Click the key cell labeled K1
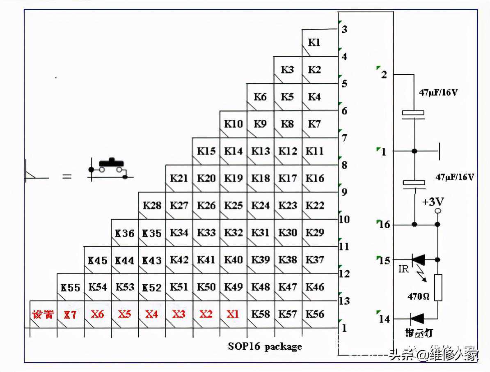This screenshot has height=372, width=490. coord(314,43)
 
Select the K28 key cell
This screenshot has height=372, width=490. coord(152,205)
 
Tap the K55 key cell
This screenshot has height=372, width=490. coord(70,287)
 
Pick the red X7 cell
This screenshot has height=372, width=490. coord(70,315)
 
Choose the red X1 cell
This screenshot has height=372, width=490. coord(233,314)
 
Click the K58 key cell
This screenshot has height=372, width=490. coord(260,314)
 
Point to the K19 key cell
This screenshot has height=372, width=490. coord(233,178)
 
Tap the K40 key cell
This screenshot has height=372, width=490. coord(233,259)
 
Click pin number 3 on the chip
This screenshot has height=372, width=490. coord(345,30)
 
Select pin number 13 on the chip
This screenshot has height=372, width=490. coord(344,301)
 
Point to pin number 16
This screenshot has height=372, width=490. coord(385,225)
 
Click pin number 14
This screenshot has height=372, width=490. coord(385,319)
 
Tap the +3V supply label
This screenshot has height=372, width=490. coord(433,202)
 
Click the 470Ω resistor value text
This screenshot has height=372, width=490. coord(418,296)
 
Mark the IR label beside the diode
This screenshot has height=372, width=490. coord(403,270)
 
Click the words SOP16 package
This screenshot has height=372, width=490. coord(265,347)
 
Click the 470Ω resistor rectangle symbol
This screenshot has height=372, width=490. coord(438,287)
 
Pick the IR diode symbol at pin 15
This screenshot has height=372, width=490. coord(418,259)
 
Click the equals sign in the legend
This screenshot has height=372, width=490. coord(66,177)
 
